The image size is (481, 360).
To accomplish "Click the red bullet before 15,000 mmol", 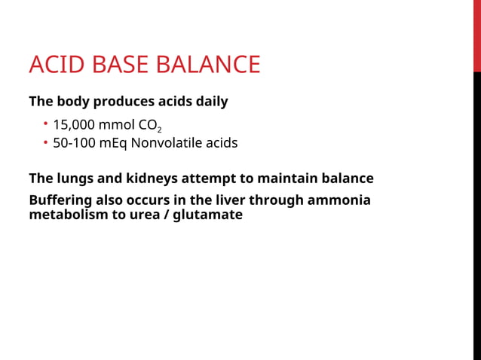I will coord(45,124).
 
